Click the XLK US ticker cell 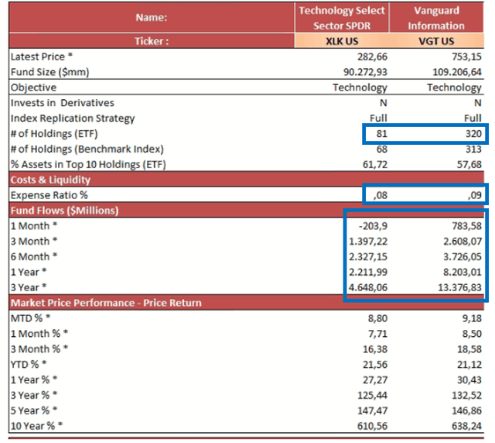(343, 41)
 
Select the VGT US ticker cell (437, 41)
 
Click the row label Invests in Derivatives (63, 103)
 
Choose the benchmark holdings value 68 (380, 149)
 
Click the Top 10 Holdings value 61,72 (374, 164)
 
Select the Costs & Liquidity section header (53, 179)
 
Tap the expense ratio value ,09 (473, 195)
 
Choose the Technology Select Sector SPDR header (343, 18)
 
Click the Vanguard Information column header (437, 18)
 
